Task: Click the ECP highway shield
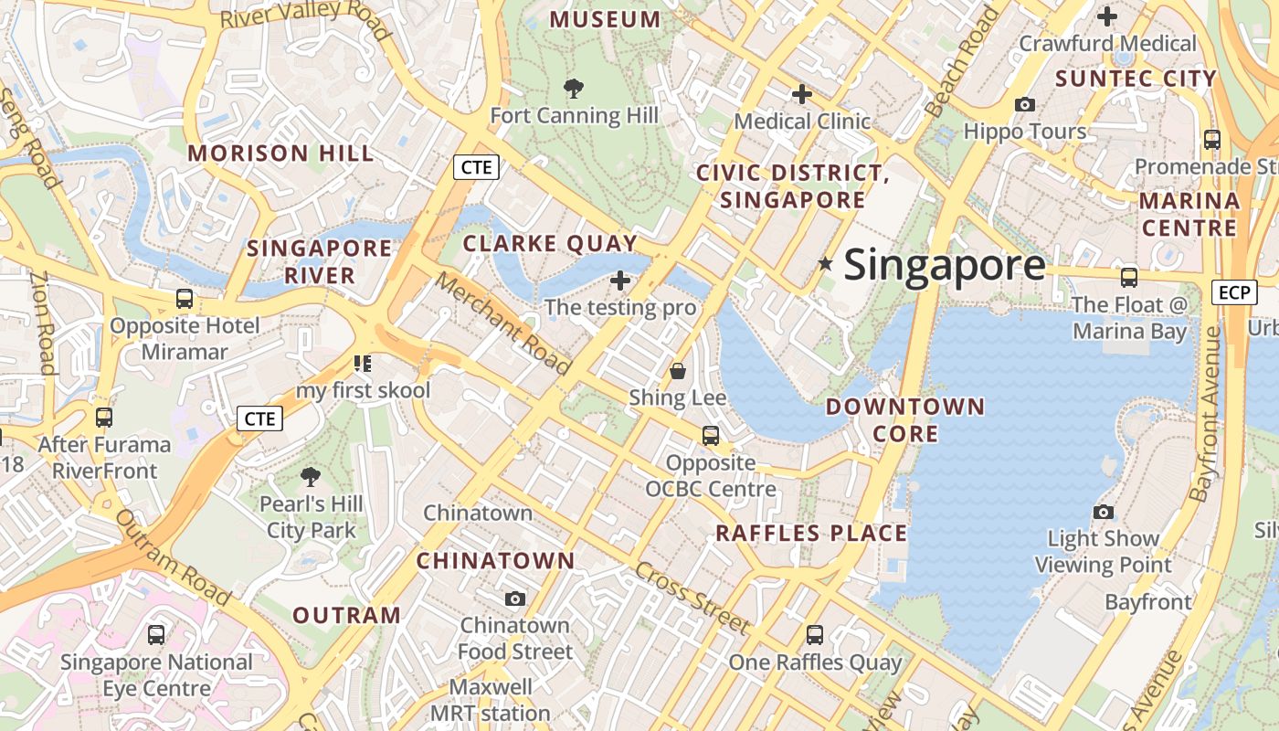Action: (1233, 292)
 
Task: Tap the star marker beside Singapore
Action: (826, 264)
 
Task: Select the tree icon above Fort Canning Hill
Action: (574, 89)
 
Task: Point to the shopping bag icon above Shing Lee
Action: (678, 371)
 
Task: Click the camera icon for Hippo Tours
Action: (1025, 105)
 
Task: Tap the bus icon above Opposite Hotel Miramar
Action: (185, 299)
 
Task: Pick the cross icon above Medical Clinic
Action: (802, 94)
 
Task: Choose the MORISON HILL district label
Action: (280, 154)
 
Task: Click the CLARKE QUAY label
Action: (550, 243)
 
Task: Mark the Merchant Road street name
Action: (502, 324)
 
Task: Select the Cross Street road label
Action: (692, 599)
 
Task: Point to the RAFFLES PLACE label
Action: (811, 534)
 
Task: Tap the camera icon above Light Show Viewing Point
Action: (1104, 513)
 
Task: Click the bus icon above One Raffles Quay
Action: (815, 634)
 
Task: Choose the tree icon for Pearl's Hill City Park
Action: (311, 477)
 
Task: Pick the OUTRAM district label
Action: (346, 615)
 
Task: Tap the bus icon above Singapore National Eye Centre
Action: (156, 635)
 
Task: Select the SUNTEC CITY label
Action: (1136, 79)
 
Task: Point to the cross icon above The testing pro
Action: (620, 281)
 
